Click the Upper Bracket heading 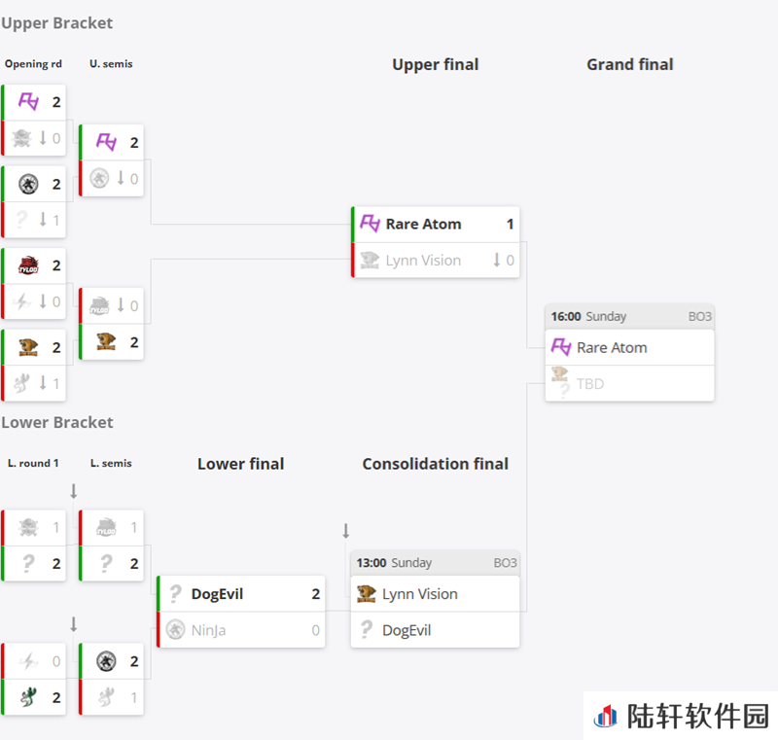(x=57, y=23)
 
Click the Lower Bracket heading (x=57, y=423)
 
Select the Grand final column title (x=629, y=64)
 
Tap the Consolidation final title (x=435, y=464)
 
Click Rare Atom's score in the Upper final (x=510, y=225)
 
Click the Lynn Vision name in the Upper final (x=423, y=261)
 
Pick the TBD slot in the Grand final (x=590, y=384)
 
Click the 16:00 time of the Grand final (x=566, y=316)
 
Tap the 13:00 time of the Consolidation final (x=371, y=563)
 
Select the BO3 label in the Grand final (x=699, y=316)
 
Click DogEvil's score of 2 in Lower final (x=315, y=594)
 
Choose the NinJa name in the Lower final (x=208, y=630)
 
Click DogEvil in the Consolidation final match (x=407, y=630)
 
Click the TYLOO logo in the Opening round (x=28, y=265)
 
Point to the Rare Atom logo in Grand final (x=562, y=347)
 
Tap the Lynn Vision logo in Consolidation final (x=367, y=594)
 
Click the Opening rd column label (x=33, y=64)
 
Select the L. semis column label (x=111, y=463)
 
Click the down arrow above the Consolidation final (x=346, y=531)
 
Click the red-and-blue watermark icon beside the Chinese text (x=605, y=717)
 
